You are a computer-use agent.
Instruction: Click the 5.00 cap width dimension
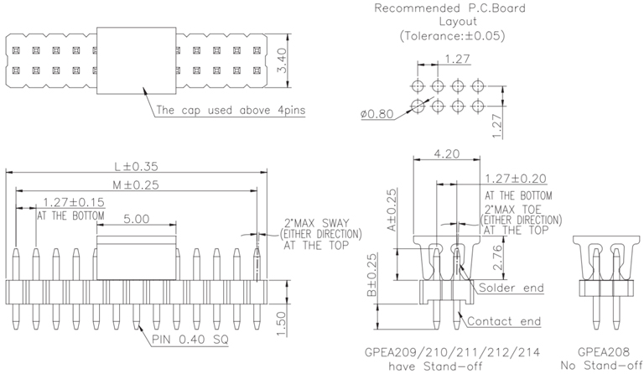136,218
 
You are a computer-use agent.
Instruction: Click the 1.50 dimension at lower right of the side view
283,321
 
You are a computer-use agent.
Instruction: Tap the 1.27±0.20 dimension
515,178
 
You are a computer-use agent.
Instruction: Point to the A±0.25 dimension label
391,210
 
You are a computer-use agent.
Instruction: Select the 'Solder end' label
510,288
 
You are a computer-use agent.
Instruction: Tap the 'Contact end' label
505,321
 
